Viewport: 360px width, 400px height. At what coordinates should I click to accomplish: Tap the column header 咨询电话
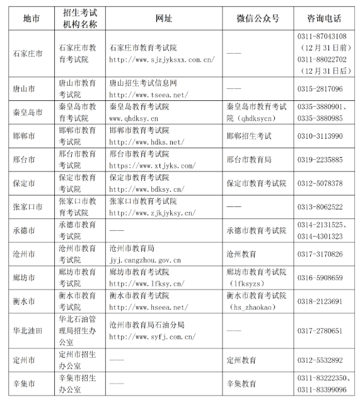[x=326, y=18]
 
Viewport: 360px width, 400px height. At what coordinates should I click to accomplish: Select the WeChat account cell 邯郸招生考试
[x=249, y=136]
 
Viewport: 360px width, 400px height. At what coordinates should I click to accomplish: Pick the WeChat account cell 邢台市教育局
[x=249, y=159]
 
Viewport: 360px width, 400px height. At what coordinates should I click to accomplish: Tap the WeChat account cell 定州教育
[x=241, y=360]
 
